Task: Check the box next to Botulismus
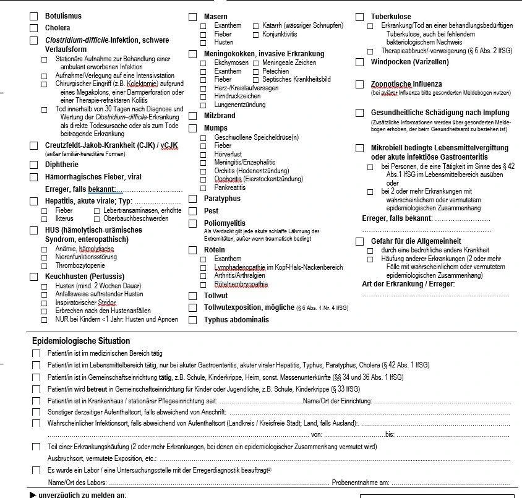[x=34, y=15]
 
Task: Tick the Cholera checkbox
[x=34, y=28]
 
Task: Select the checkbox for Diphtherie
[x=34, y=165]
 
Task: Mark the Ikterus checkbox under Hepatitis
[x=45, y=218]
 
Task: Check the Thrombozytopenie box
[x=45, y=265]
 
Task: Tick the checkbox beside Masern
[x=193, y=17]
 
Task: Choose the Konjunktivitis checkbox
[x=256, y=34]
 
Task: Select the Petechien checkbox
[x=256, y=71]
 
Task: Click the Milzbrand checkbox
[x=193, y=116]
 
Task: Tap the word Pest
[x=211, y=211]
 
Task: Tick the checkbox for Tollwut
[x=193, y=296]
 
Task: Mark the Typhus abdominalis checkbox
[x=193, y=320]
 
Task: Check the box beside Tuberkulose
[x=360, y=17]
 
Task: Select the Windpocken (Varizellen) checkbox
[x=360, y=62]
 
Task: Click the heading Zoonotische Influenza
[x=406, y=84]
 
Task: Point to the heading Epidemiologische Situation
[x=81, y=341]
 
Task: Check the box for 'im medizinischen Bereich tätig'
[x=36, y=353]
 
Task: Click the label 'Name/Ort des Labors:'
[x=77, y=483]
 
